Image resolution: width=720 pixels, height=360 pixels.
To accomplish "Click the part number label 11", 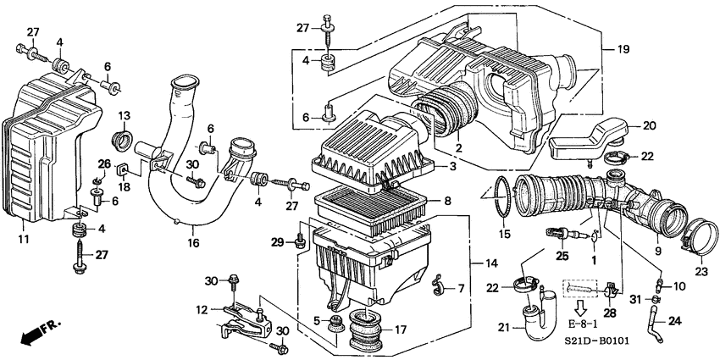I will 23,241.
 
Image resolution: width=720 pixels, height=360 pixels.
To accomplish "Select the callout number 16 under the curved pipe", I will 193,242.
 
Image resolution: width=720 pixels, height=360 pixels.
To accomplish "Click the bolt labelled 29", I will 300,243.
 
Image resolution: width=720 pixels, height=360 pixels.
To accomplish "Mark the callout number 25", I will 561,255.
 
